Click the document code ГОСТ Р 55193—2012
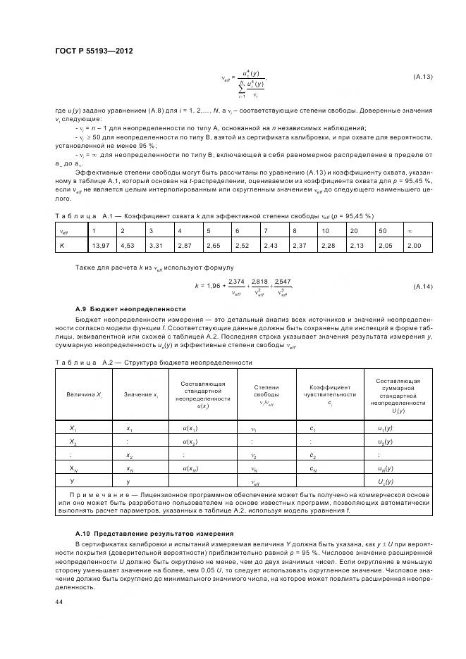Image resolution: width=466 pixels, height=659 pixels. tap(94, 52)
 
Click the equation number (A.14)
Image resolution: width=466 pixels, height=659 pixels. tap(422, 287)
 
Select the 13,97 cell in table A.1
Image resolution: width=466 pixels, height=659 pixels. tap(99, 244)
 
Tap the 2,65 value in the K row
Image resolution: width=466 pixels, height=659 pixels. tap(213, 244)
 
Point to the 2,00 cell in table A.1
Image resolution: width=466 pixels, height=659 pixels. tap(414, 244)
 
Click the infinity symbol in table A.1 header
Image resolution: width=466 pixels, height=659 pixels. tap(410, 230)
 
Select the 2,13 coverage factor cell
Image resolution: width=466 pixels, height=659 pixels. tap(357, 244)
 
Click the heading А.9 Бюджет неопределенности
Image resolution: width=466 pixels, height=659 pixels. tap(130, 309)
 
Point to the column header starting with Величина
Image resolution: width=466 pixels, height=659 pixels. tap(85, 395)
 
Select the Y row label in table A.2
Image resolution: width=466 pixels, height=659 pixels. tap(72, 482)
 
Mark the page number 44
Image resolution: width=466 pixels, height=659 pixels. tap(59, 602)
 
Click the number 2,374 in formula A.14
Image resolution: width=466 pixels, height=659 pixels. tap(237, 282)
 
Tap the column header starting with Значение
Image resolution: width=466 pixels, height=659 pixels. tap(140, 395)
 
